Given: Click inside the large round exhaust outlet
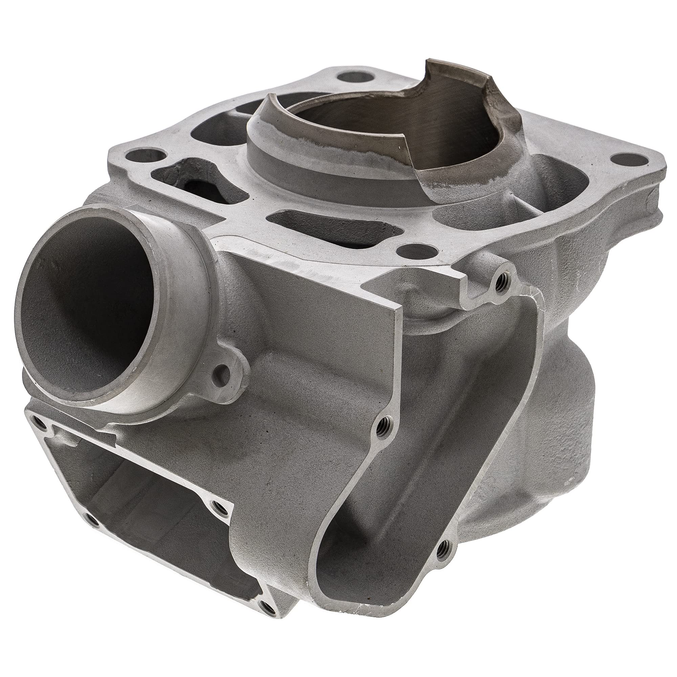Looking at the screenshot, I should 88,308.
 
